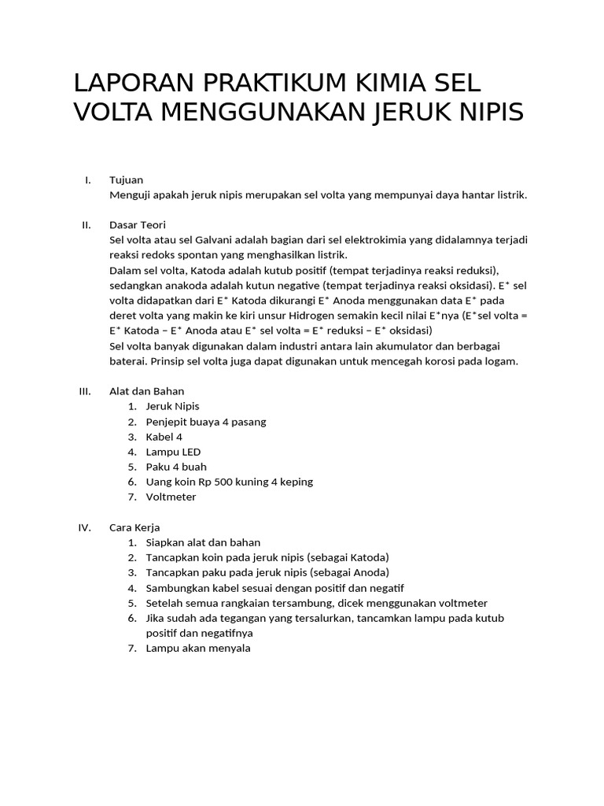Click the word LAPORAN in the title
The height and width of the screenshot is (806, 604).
coord(134,83)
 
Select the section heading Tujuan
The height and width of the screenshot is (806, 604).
coord(126,180)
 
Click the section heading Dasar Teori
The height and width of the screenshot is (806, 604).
coord(137,225)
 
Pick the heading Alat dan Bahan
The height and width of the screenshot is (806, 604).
coord(146,391)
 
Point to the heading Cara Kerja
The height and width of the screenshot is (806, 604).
coord(134,527)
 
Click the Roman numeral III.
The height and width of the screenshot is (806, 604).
coord(86,391)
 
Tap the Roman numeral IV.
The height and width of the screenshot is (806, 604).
coord(86,527)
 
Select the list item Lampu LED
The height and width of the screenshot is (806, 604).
coord(173,452)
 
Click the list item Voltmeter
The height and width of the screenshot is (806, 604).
coord(171,497)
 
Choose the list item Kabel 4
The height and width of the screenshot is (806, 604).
coord(164,437)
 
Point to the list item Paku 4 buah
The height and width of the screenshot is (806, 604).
coord(175,467)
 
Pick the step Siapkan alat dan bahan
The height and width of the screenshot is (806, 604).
coord(203,542)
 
